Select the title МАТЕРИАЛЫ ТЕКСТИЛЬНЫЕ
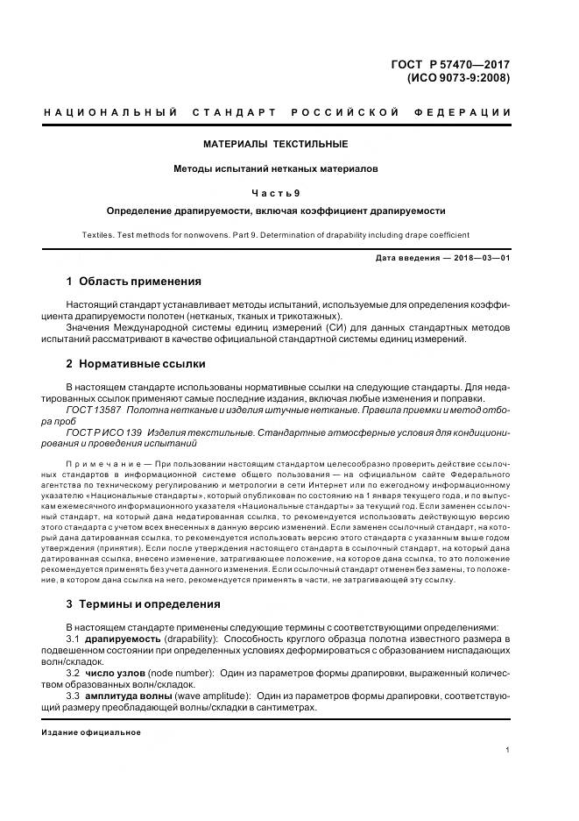click(276, 144)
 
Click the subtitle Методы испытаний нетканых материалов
click(276, 169)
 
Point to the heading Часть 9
click(276, 193)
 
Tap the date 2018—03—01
click(479, 258)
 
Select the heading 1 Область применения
click(134, 282)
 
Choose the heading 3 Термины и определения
click(144, 603)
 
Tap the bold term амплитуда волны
click(129, 695)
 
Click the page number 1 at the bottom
click(508, 750)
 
